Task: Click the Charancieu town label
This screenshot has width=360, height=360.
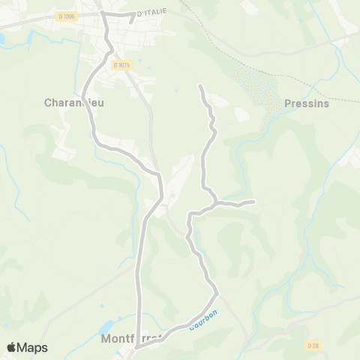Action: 73,103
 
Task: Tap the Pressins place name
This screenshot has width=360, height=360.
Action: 307,103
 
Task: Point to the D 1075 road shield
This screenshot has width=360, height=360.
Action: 122,65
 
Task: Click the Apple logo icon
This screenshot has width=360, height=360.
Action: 13,347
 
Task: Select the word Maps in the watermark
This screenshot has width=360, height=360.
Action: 32,347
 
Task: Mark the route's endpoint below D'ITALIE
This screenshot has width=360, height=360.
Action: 130,22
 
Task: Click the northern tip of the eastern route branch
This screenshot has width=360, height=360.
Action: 200,87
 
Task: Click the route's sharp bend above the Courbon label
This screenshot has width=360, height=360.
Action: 217,290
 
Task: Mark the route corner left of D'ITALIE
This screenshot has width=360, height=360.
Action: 103,13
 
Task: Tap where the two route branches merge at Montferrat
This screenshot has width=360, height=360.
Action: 138,346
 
